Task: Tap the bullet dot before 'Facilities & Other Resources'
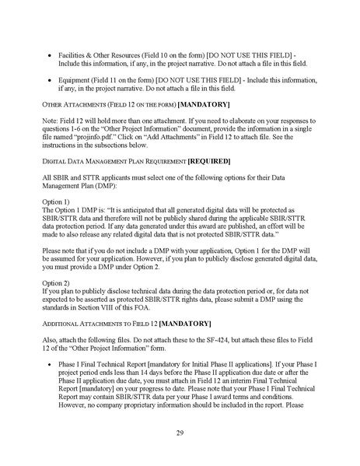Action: point(51,56)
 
